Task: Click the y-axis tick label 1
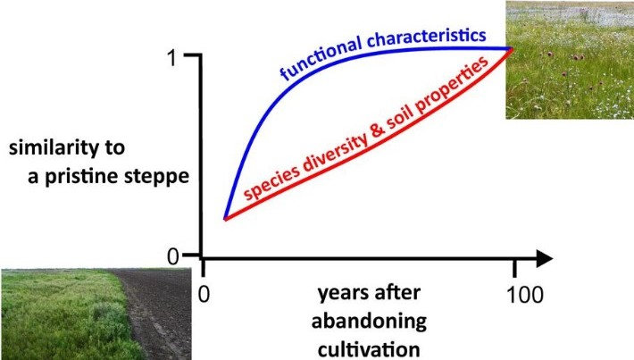click(172, 58)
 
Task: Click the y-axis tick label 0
click(172, 256)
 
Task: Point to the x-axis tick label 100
click(525, 295)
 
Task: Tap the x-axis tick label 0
click(204, 295)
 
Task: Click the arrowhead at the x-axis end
click(544, 258)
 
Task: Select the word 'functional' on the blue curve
click(321, 58)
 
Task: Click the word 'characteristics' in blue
click(427, 38)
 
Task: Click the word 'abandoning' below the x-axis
click(369, 321)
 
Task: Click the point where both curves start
click(225, 219)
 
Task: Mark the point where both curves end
click(513, 49)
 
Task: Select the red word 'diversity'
click(335, 149)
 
